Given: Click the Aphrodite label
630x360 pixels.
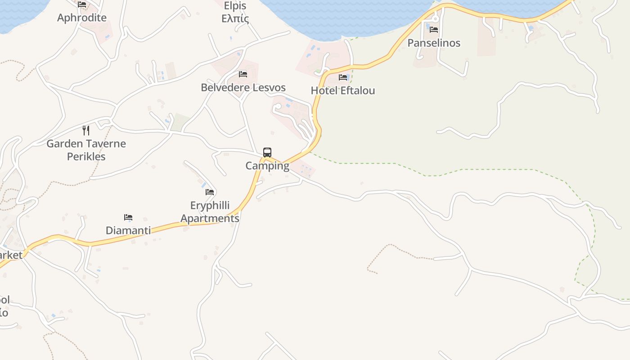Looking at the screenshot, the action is point(82,18).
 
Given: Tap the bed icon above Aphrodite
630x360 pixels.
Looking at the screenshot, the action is point(82,4).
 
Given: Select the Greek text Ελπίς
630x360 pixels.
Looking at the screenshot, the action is point(235,19).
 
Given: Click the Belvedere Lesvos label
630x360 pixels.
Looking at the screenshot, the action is point(243,87).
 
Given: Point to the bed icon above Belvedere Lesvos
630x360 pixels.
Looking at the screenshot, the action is point(243,74).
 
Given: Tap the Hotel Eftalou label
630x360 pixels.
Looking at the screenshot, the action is point(343,90).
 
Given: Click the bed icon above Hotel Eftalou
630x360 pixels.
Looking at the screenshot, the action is point(343,77).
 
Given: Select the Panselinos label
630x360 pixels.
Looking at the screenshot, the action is point(434,43).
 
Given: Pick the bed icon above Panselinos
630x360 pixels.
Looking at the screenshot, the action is point(434,30).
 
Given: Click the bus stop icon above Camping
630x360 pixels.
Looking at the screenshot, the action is point(267,152).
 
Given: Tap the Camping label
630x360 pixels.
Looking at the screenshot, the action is point(267,166).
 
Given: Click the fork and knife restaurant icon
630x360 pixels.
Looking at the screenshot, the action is point(86,130).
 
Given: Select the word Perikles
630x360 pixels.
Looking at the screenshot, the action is point(86,157).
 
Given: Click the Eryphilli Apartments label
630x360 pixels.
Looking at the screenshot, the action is point(210,212).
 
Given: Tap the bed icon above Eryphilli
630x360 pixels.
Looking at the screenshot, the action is point(210,192).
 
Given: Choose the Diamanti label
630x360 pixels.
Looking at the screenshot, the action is point(128,230).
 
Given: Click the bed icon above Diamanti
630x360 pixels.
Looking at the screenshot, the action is point(128,217).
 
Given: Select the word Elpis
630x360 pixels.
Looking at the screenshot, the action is point(235,6).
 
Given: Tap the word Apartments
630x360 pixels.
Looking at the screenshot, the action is point(210,218).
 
